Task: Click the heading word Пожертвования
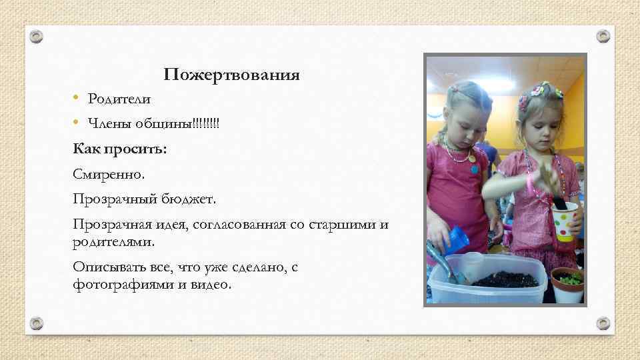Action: (232, 75)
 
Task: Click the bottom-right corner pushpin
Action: (603, 323)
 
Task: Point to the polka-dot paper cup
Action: (564, 221)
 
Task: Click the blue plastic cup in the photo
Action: (457, 240)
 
